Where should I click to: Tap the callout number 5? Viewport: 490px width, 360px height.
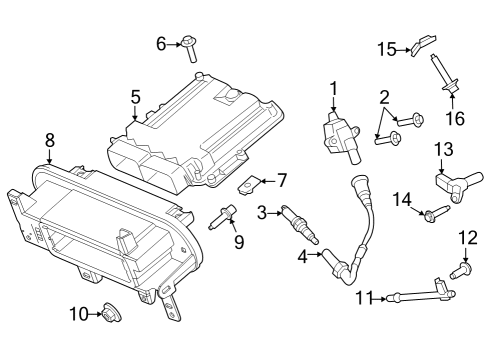(x=134, y=97)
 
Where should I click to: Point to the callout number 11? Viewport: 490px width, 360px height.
(x=364, y=296)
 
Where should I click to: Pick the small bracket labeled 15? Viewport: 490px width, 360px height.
(x=423, y=43)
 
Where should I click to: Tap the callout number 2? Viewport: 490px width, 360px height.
(x=383, y=97)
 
